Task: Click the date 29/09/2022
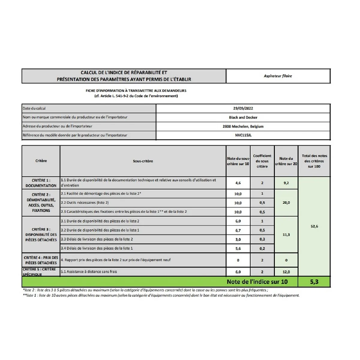coord(243,108)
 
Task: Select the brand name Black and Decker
coord(243,117)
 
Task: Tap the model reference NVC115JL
coord(243,135)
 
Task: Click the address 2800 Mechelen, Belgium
coord(243,126)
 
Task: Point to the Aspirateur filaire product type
coord(278,76)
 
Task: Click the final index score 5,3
coord(314,282)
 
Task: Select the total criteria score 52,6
coord(314,226)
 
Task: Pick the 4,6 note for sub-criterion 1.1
coord(238,183)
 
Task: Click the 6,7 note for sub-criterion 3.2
coord(238,230)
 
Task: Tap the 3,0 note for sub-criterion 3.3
coord(238,239)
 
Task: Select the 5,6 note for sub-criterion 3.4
coord(238,248)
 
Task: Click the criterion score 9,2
coord(286,183)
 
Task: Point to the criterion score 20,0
coord(286,202)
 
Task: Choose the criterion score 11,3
coord(286,235)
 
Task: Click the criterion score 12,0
coord(286,272)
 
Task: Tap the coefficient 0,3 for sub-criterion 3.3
coord(262,239)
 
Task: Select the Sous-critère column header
coord(143,161)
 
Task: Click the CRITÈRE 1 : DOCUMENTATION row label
coord(41,183)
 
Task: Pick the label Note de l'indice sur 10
coord(257,282)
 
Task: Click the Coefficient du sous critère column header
coord(262,161)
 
